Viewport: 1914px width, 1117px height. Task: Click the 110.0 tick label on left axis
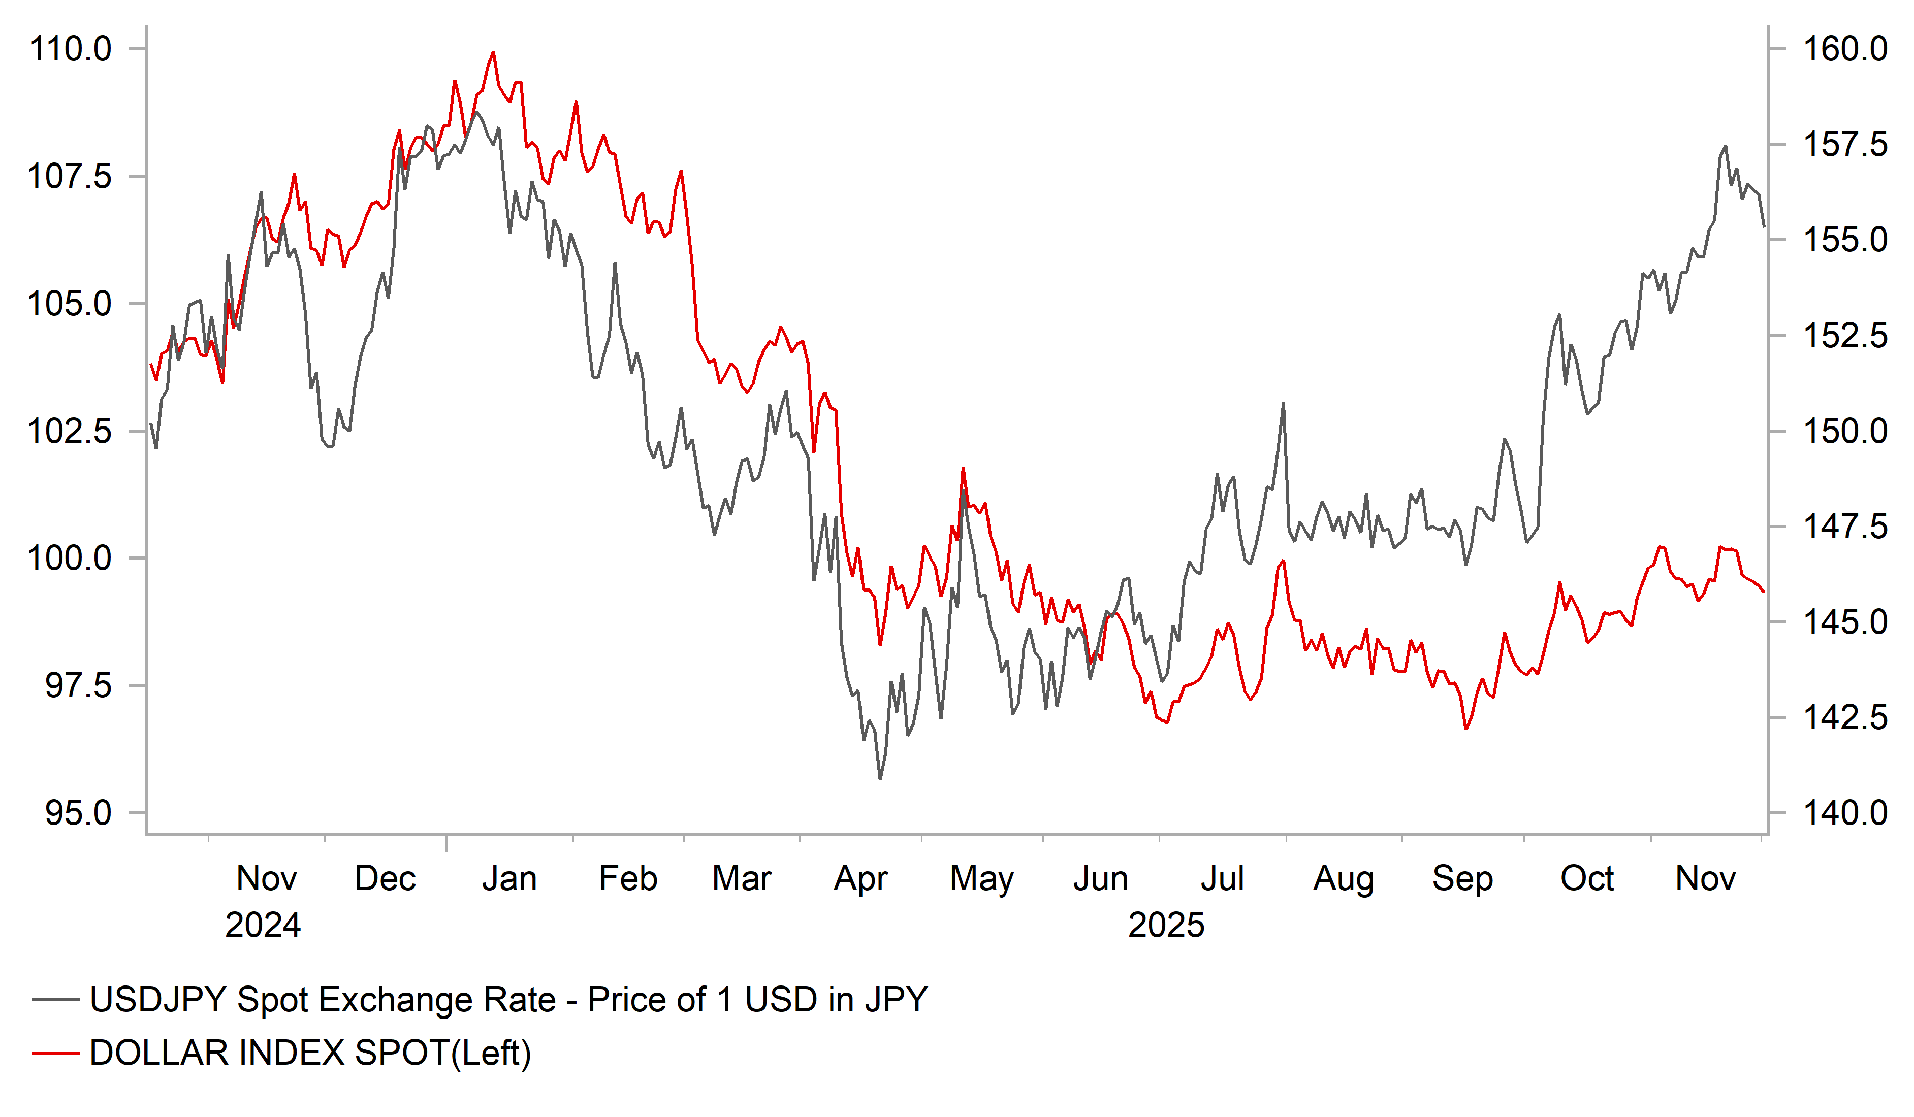70,49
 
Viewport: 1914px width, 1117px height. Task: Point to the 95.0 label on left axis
78,813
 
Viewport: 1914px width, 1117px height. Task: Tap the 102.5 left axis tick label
70,431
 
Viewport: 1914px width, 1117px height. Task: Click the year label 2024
263,925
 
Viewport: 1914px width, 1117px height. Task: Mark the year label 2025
1166,925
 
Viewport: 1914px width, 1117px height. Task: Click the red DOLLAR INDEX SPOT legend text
310,1053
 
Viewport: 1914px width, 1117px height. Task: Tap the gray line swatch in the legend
55,1000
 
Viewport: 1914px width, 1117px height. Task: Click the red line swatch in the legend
55,1053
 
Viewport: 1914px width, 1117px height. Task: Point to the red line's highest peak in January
493,52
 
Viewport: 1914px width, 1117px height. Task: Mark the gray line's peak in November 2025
1725,147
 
